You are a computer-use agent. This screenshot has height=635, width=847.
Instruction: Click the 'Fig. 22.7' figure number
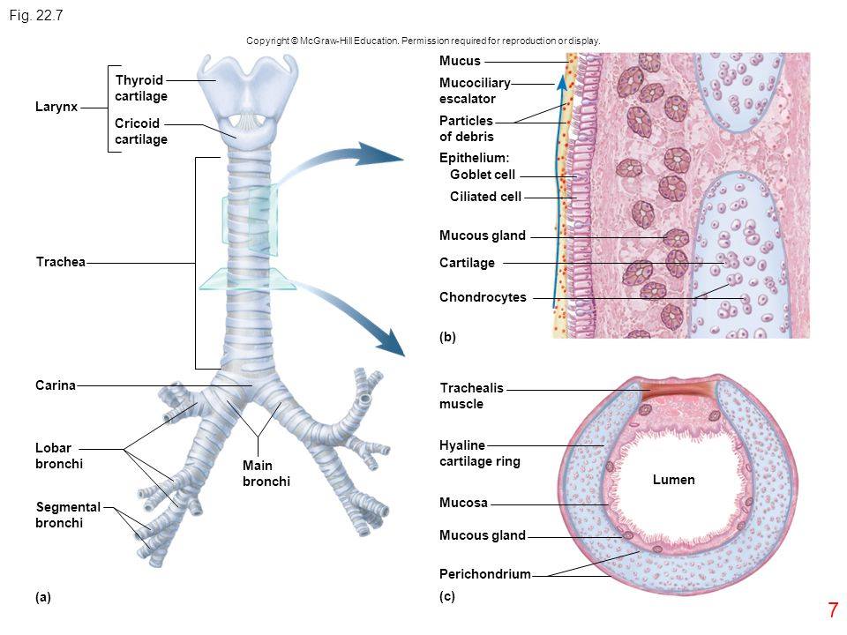pos(36,15)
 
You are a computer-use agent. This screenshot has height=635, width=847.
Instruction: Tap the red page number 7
pos(833,610)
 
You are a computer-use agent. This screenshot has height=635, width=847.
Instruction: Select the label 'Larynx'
pos(56,107)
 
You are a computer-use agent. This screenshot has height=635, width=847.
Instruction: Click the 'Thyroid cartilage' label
pos(141,88)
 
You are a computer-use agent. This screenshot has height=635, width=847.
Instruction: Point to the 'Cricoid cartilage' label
pos(141,131)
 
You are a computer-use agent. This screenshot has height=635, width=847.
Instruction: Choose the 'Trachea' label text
pos(61,262)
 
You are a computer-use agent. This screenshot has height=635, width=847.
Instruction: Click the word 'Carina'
pos(56,385)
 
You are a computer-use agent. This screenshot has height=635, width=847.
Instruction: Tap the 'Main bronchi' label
pos(266,473)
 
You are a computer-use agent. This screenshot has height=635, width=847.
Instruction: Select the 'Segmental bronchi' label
pos(68,514)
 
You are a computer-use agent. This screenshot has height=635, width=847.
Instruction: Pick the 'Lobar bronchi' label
pos(59,456)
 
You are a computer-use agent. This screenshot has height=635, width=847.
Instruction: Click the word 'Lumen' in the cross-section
pos(673,480)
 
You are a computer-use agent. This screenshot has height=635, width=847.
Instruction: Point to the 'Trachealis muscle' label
pos(471,396)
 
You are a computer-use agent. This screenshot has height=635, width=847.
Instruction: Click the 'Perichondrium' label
pos(485,574)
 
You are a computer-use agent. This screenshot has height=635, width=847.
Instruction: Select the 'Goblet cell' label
pos(483,175)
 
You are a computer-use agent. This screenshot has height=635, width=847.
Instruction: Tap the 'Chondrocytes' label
pos(483,297)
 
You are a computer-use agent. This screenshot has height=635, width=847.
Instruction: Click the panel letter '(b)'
pos(447,337)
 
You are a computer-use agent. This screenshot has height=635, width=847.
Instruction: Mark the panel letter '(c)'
pos(447,596)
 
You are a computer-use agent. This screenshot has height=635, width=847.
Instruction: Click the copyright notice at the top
pos(423,41)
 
